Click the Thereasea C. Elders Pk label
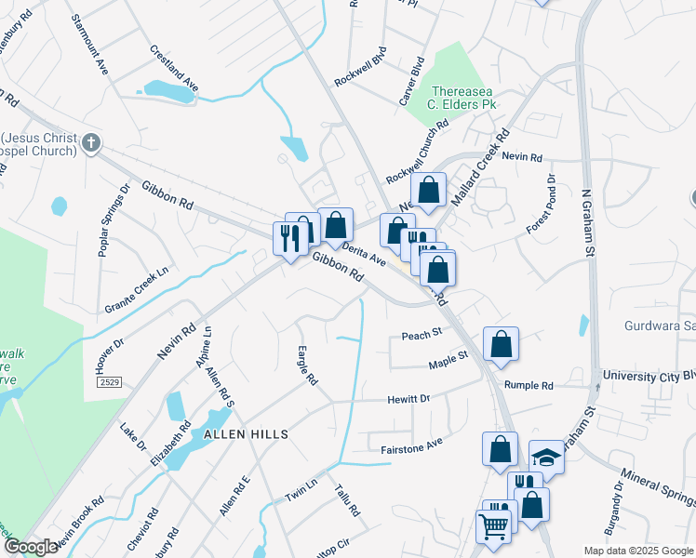click(x=463, y=98)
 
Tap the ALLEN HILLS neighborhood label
click(x=240, y=434)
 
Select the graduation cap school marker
click(x=547, y=458)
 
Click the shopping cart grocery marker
click(x=493, y=525)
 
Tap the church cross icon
click(x=90, y=143)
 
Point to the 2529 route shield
click(x=109, y=382)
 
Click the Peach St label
click(x=421, y=335)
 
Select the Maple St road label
click(x=448, y=358)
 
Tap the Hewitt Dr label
click(x=408, y=399)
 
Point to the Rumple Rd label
click(x=529, y=385)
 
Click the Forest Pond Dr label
click(x=541, y=205)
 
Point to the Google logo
click(x=32, y=547)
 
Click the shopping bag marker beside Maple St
click(x=501, y=344)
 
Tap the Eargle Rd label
click(x=308, y=367)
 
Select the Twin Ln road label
click(x=301, y=490)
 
